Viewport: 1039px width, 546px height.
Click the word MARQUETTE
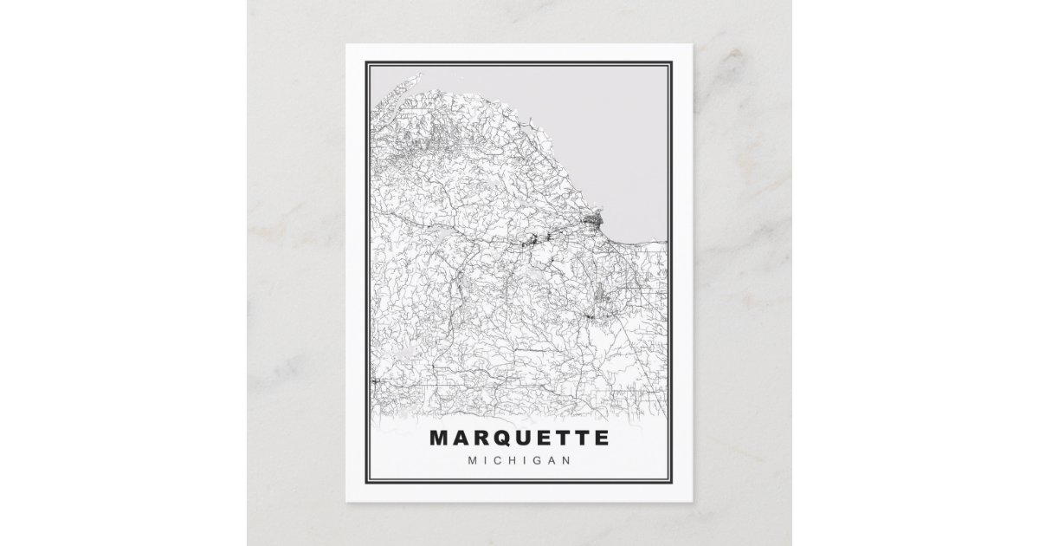pos(519,437)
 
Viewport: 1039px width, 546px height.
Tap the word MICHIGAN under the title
pos(519,459)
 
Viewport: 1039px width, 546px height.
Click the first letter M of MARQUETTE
pos(438,437)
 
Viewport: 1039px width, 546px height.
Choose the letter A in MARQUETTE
pos(459,437)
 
